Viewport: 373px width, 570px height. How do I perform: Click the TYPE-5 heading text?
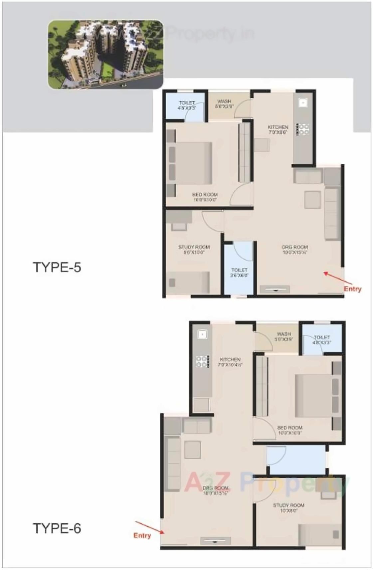(x=57, y=267)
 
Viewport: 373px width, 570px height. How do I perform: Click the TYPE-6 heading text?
(x=57, y=528)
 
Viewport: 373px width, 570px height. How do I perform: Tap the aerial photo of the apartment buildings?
(x=106, y=55)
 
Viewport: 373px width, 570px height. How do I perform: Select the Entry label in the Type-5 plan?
(x=352, y=289)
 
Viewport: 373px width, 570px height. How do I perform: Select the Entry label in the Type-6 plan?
(x=142, y=535)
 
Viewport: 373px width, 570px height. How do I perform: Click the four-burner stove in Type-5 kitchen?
(x=303, y=129)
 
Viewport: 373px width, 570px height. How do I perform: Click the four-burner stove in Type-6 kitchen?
(x=202, y=361)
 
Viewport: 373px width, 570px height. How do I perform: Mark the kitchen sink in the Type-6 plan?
(x=202, y=334)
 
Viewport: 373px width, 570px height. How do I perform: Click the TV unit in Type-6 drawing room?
(x=215, y=540)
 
